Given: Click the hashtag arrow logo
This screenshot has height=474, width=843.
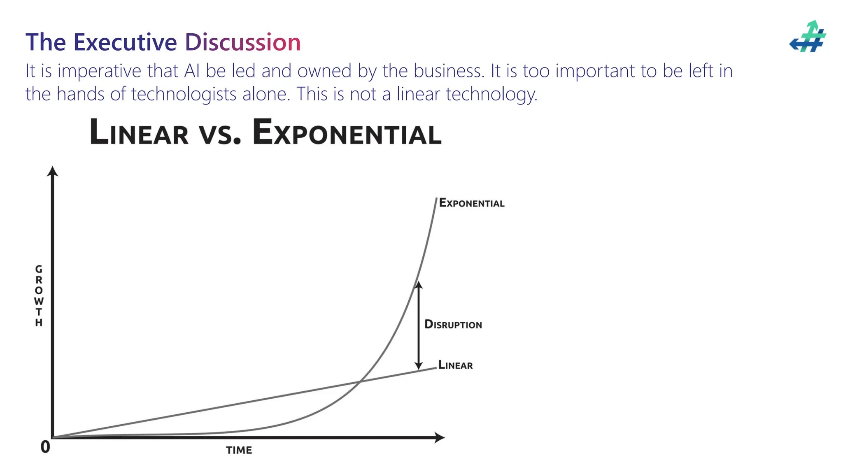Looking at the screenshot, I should (808, 37).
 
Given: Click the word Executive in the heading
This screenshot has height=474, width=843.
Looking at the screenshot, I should (125, 42).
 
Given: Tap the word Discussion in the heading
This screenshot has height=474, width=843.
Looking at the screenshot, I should (242, 42).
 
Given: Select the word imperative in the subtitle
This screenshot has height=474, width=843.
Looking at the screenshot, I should (99, 71).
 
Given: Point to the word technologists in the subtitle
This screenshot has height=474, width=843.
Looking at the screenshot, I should (184, 94).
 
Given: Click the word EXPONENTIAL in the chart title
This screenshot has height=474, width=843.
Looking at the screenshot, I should (347, 132).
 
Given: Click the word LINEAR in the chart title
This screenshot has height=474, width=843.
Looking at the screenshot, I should (139, 132).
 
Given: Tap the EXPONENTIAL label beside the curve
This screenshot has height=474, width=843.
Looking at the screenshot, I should (471, 203).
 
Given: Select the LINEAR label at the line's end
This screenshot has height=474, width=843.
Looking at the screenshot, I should (455, 365).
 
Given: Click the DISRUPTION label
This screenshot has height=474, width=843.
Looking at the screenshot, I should (453, 325).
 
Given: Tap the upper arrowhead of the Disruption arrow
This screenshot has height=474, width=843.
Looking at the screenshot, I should (419, 285).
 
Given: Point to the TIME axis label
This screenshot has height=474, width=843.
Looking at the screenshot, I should (239, 450).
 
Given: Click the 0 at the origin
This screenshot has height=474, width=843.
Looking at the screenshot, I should (45, 447).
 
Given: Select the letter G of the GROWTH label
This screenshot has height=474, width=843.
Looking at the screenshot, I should (39, 269).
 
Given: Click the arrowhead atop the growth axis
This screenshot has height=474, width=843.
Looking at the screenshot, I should (52, 171).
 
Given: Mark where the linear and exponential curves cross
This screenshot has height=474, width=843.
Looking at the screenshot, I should (359, 382).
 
